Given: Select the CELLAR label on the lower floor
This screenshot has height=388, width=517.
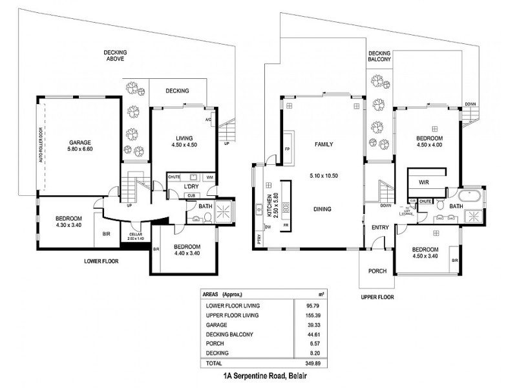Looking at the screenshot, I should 135,235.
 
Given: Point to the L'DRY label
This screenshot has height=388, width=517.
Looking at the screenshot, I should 191,187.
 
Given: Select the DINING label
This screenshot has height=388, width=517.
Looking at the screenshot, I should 322,209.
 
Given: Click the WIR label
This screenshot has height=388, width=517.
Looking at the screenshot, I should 425,182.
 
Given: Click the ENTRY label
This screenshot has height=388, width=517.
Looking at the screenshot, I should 379,228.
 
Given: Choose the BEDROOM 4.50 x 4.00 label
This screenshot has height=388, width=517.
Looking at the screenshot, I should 429,142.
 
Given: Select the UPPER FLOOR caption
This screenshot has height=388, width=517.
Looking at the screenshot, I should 377,297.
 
